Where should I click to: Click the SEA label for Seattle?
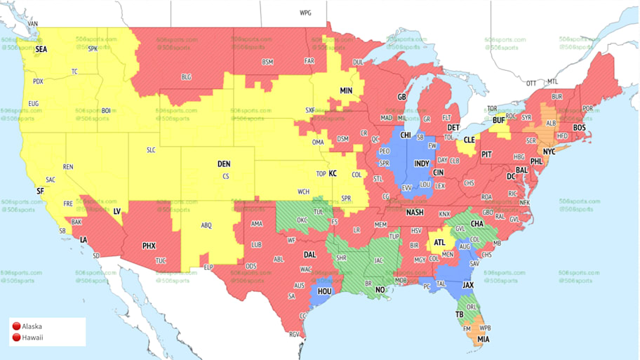pos(41,50)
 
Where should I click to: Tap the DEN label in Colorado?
pos(224,164)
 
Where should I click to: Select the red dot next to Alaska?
pos(16,326)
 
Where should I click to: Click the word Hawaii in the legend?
pos(32,338)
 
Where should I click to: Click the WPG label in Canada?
pos(305,13)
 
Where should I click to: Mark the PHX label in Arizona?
pos(149,246)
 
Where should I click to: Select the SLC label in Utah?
pos(151,150)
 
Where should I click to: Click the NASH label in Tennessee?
pos(415,213)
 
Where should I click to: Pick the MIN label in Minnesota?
pos(346,91)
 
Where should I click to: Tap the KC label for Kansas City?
pos(333,173)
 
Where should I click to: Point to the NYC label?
pos(549,152)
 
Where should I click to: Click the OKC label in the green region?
pos(302,220)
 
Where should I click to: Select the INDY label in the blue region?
pos(422,164)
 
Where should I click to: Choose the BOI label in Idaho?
pos(106,111)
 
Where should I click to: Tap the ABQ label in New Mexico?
pos(206,225)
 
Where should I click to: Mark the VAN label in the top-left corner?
pos(32,24)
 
